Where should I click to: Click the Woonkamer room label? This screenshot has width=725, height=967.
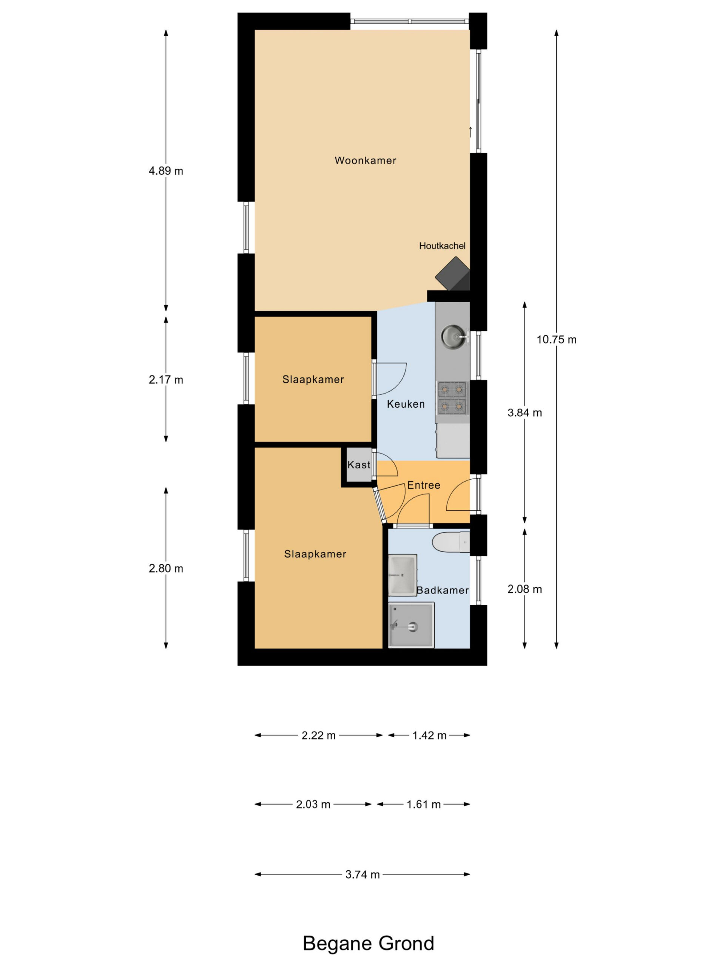click(366, 161)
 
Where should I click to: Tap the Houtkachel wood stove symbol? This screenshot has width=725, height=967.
click(453, 274)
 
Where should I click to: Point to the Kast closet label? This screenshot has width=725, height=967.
click(359, 465)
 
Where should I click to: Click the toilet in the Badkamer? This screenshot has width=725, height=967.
click(451, 543)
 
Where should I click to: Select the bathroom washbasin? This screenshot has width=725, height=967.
click(403, 575)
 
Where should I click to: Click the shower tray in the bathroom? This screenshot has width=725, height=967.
click(411, 625)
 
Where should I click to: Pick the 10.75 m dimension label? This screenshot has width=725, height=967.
click(556, 340)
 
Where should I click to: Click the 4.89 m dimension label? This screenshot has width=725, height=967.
click(166, 171)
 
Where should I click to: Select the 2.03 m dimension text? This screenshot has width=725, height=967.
click(313, 804)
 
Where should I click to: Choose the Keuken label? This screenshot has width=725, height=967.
click(406, 404)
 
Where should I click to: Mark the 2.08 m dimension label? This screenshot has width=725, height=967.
click(524, 589)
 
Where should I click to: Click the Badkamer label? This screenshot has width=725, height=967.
click(442, 590)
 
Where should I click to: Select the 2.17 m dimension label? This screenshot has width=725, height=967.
click(166, 380)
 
